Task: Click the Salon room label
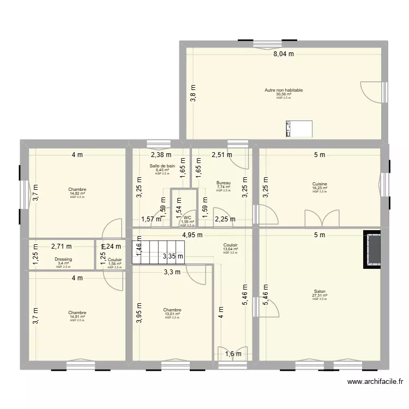coord(319,292)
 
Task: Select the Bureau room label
coord(223,183)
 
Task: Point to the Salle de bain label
coord(162,166)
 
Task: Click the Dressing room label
coord(63,260)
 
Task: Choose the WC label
coord(187,218)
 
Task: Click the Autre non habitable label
coord(284,91)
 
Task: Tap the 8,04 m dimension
coord(284,54)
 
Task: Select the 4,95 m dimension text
coord(192,236)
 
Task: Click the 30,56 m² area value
coord(284,94)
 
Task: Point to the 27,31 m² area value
coord(319,296)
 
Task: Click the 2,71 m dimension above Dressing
coord(61,246)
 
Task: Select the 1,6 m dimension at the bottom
coord(232,354)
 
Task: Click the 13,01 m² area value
coord(172,314)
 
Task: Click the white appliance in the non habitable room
coord(299,129)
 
